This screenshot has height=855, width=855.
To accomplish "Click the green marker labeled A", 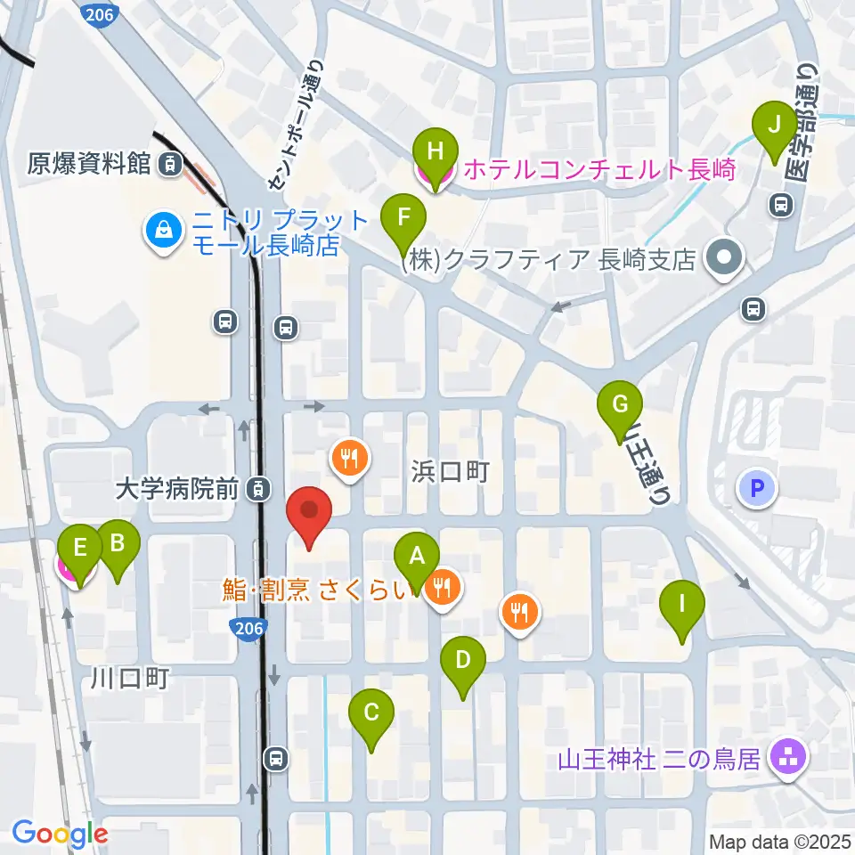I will tap(416, 558).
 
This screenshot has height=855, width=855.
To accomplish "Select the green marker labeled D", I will tap(462, 661).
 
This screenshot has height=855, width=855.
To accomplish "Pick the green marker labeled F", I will tap(404, 217).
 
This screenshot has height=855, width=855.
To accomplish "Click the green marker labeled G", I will tap(620, 404).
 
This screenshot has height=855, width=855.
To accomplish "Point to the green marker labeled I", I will tap(682, 606).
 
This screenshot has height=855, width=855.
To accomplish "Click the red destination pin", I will tap(309, 511).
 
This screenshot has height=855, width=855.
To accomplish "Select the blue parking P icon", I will tap(757, 488).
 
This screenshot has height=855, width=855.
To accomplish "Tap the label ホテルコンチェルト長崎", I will tap(588, 169).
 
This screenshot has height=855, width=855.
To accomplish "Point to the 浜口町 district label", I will tap(451, 471).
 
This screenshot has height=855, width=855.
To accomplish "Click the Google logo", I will tap(61, 834).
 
